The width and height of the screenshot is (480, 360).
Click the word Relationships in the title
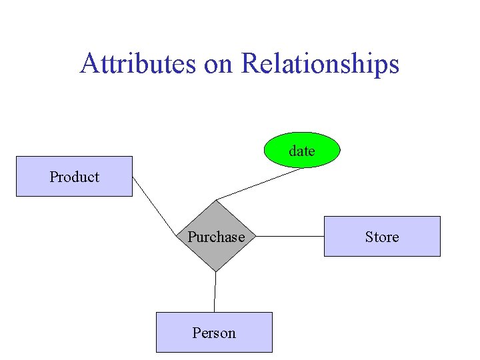coord(320,64)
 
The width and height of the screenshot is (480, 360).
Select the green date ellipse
coord(302,150)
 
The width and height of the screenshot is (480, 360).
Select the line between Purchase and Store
coord(290,236)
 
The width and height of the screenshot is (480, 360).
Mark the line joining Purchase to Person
coord(215,292)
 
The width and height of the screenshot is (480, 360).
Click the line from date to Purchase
coord(260,183)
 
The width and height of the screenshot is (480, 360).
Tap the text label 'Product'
coord(74,177)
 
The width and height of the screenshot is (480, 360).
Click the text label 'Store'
coord(382,237)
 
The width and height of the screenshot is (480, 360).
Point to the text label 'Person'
coord(214,333)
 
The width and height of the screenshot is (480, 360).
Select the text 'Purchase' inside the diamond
coord(216,237)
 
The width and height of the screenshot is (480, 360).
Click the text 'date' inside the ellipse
coord(302,151)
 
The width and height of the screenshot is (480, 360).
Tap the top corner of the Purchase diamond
coord(216,201)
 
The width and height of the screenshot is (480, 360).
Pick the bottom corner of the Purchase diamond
coord(215,271)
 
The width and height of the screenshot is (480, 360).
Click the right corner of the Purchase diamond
coord(255,236)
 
